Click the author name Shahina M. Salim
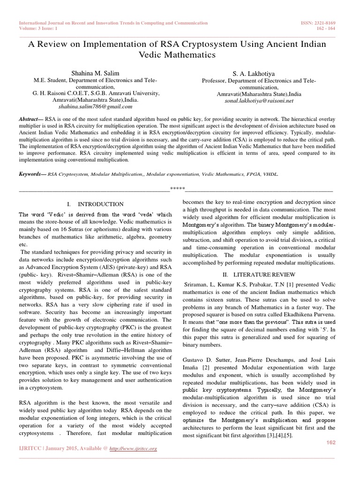click(x=95, y=74)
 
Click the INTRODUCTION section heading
click(x=101, y=204)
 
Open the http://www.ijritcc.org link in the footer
click(x=133, y=449)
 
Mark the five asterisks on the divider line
click(x=177, y=189)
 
